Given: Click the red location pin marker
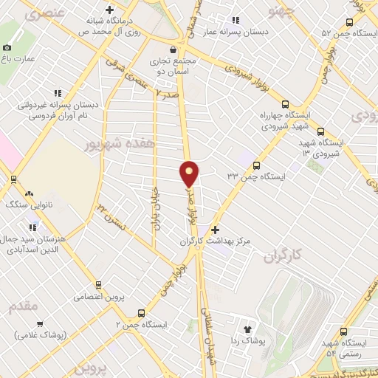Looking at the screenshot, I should pos(189,173).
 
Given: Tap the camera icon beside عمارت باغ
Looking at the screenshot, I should pos(7,47).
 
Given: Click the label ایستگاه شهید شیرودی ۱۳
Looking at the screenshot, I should pos(319,146).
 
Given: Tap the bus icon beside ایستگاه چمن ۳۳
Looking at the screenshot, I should pos(257,165).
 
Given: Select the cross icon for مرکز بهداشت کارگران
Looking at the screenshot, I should pos(215,230).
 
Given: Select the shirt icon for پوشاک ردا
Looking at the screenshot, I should pos(247,328).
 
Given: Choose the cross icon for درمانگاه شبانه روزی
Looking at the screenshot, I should pos(109,10).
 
